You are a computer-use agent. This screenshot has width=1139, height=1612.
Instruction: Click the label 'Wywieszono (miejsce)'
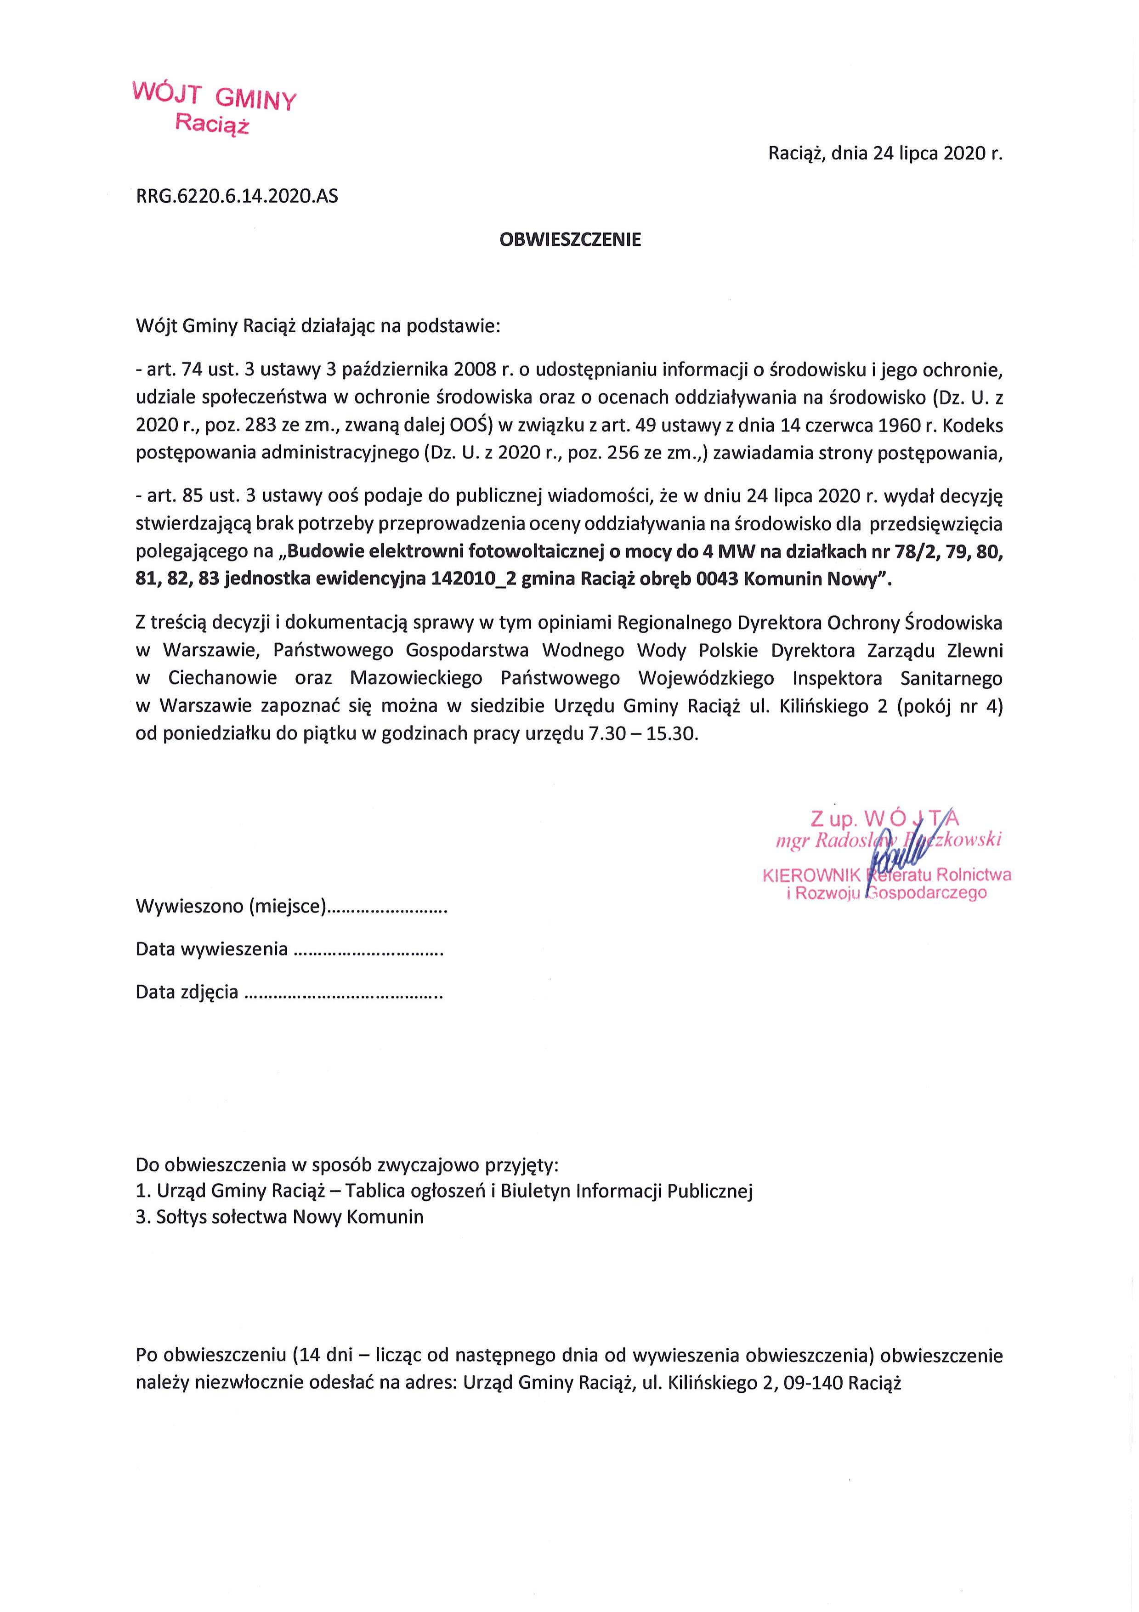click(232, 906)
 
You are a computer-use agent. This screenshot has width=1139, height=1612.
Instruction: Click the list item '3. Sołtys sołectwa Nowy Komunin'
click(279, 1217)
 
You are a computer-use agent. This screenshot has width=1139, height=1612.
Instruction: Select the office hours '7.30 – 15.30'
click(644, 734)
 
